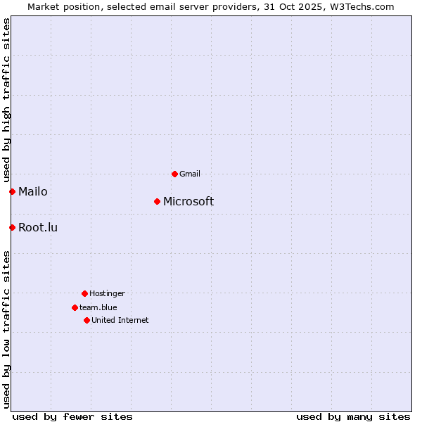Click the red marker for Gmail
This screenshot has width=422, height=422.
174,174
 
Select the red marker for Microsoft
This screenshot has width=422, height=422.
157,202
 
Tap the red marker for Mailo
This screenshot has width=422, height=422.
12,191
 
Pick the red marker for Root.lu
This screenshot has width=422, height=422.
12,227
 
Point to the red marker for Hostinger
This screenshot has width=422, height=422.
84,293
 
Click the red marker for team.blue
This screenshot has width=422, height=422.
75,307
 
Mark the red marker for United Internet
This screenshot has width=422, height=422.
87,320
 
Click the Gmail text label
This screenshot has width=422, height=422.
190,174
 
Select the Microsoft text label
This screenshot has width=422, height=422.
188,202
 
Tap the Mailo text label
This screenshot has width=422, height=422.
33,191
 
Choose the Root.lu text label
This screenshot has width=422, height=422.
38,227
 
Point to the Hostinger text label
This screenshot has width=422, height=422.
107,293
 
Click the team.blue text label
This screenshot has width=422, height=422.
98,307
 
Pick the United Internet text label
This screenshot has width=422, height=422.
120,320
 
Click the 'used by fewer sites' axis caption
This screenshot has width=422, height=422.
72,416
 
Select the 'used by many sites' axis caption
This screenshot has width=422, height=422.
353,416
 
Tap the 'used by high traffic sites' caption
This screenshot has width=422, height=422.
7,100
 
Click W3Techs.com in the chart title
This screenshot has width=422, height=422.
362,6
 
